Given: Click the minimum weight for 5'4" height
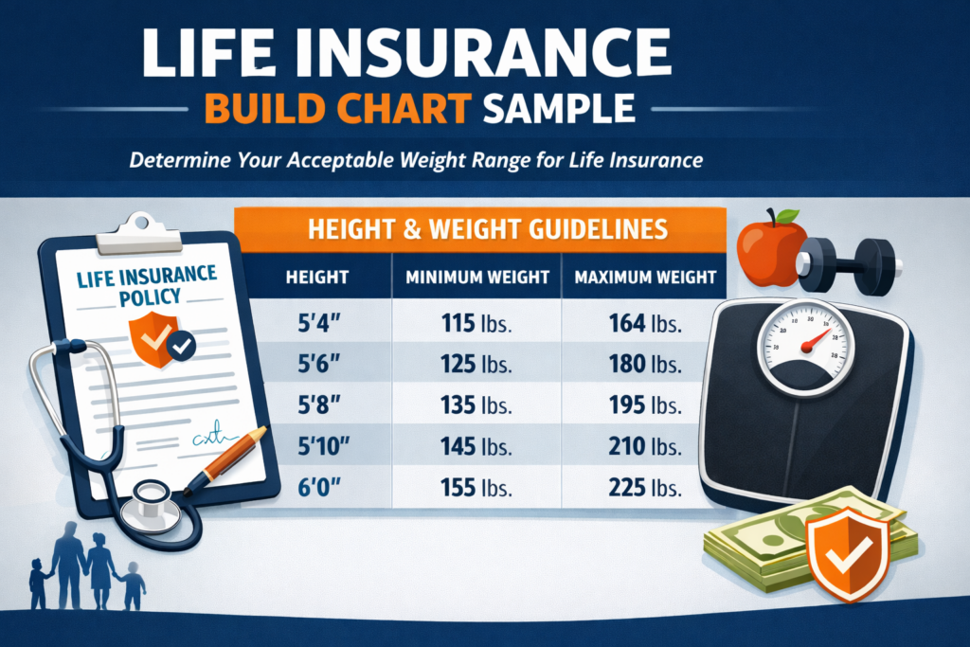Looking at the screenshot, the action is tap(476, 324).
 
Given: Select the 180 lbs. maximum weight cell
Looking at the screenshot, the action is tap(645, 365).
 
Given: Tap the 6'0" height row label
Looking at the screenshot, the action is tap(319, 488).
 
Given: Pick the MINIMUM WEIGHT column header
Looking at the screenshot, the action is tap(477, 278).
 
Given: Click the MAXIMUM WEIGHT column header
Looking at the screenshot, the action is tap(645, 278).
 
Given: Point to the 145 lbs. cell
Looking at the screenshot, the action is tap(476, 446).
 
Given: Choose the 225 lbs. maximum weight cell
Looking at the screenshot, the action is tap(645, 488).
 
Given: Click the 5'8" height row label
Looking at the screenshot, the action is tap(319, 405).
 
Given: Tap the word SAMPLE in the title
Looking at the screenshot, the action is tap(559, 108).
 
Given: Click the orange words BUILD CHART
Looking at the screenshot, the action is tap(338, 108).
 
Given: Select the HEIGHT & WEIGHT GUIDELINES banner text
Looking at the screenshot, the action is tap(488, 229).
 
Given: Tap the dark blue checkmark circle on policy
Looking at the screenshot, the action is tap(181, 347).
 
